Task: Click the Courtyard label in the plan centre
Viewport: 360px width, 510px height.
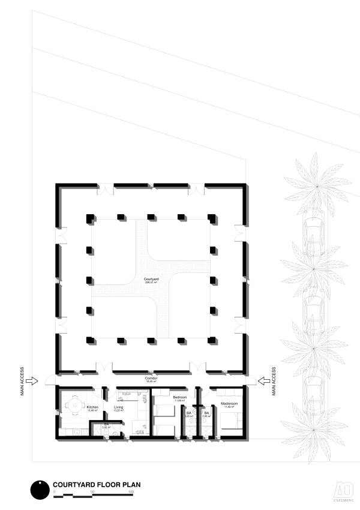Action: [x=151, y=280]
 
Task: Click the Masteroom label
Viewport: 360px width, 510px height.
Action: [x=229, y=404]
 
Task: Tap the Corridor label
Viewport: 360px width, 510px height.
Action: [x=151, y=379]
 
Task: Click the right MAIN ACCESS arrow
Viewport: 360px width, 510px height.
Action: [x=262, y=380]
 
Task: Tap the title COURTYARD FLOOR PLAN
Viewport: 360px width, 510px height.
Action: [x=97, y=484]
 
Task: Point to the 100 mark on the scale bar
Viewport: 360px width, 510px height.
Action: [x=130, y=492]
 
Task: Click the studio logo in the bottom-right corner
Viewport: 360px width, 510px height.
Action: [x=343, y=488]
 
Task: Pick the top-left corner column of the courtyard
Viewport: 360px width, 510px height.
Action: [x=90, y=217]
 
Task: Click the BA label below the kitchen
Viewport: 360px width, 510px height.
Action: [x=106, y=424]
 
